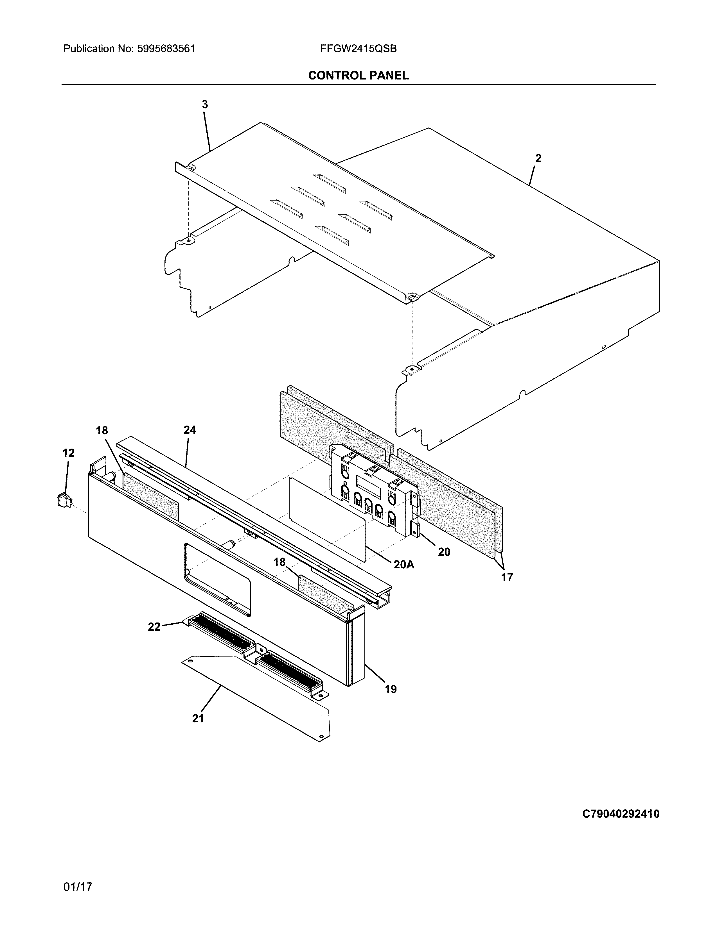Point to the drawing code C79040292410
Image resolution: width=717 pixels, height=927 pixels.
[620, 814]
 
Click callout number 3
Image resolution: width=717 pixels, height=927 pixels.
[205, 104]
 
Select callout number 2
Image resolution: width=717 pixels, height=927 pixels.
[538, 158]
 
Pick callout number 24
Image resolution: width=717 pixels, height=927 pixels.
[190, 430]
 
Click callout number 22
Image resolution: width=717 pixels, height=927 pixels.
[154, 626]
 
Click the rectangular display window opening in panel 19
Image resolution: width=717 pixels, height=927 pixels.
[217, 579]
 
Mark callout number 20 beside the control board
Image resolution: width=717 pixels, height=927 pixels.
[444, 552]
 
